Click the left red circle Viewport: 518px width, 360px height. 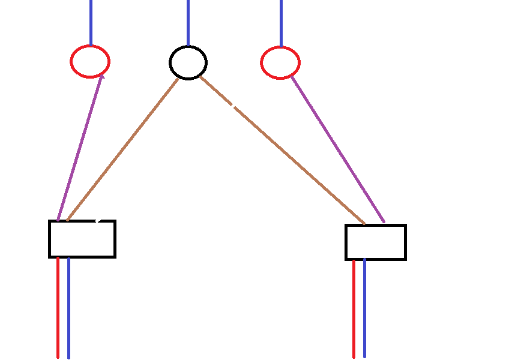90,61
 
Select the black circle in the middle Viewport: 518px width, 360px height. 188,62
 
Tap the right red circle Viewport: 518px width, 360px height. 280,62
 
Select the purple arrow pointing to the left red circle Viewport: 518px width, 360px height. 79,148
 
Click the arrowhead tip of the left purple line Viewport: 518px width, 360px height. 101,74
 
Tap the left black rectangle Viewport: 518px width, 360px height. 82,239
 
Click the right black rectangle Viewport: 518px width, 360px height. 376,242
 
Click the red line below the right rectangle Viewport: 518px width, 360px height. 354,308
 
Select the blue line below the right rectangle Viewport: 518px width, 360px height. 364,308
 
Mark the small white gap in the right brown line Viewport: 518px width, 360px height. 233,106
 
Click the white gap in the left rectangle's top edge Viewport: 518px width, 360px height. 99,221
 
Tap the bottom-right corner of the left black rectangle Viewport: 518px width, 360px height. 114,256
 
